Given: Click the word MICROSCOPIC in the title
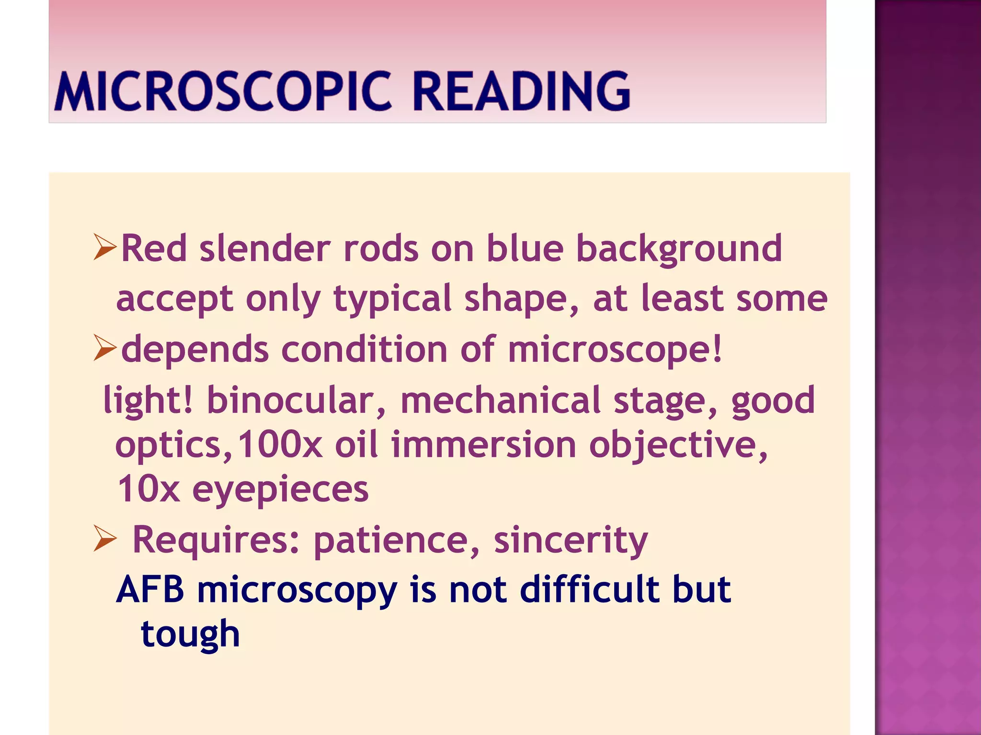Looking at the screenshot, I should coord(223,91).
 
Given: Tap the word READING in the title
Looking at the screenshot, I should coord(521,91).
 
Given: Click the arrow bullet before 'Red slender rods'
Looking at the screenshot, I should coord(105,247).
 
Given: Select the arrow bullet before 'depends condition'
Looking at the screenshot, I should coord(105,348).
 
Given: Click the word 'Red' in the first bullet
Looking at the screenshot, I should coord(154,248).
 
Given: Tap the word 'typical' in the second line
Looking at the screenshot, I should coord(392,299).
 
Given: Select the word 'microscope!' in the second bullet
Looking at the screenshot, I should coord(615,350).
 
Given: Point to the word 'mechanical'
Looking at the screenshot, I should coord(501,400).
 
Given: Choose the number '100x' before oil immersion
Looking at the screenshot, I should coord(280,445).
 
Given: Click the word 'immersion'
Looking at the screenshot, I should coord(484,445).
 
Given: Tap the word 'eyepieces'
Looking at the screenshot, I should coord(280,490).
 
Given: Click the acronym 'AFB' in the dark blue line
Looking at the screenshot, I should coord(150,589).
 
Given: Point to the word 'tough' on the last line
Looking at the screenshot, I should coord(190,635).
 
